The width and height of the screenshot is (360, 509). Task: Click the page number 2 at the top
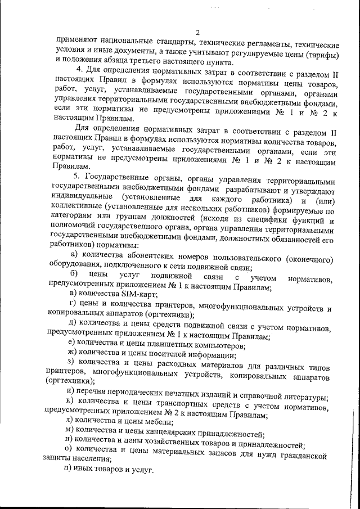(191, 31)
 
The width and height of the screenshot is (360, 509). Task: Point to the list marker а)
(73, 257)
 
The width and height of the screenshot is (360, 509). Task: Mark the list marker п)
(70, 468)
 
